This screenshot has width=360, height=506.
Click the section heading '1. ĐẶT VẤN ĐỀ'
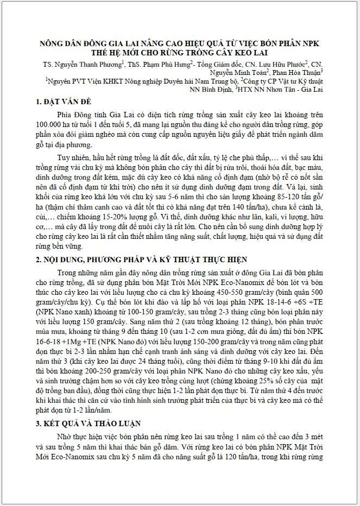coord(64,102)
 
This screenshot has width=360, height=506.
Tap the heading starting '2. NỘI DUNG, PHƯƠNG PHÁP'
coord(141,260)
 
